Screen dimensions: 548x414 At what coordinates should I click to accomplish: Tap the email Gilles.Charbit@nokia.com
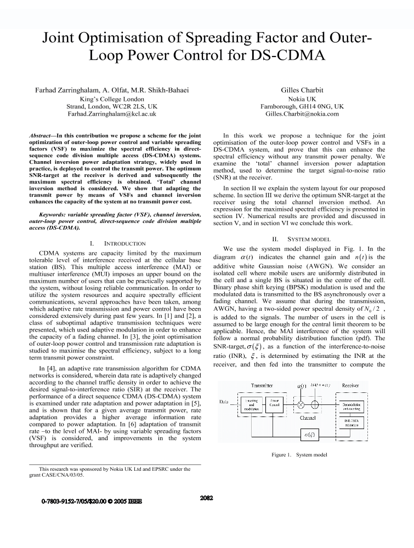pos(302,114)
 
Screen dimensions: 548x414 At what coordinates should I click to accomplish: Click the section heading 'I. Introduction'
pos(117,243)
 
